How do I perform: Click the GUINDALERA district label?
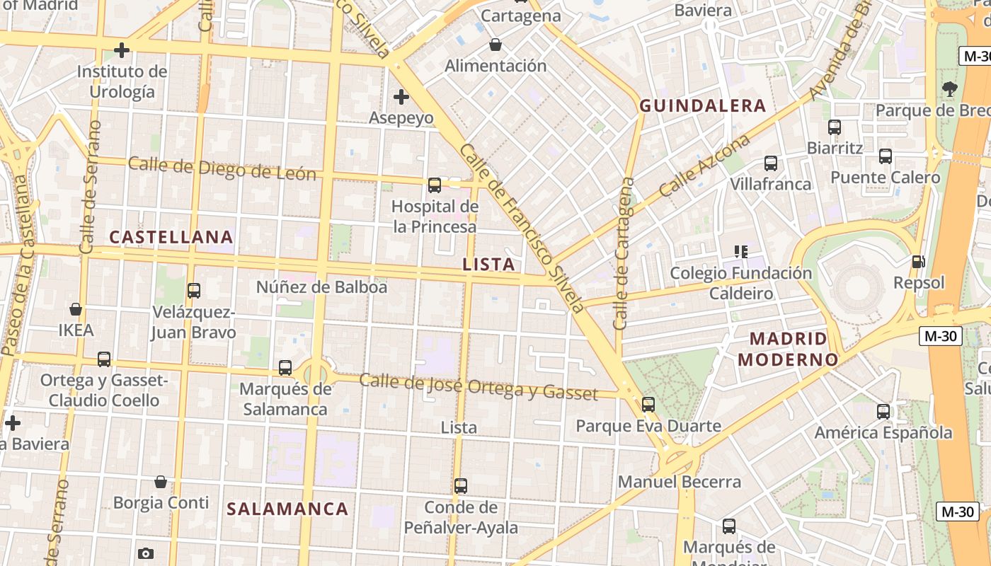click(702, 106)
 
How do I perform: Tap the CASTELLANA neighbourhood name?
click(171, 237)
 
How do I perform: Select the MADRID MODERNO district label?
click(788, 349)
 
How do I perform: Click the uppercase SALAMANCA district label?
click(287, 509)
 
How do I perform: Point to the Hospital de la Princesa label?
click(435, 216)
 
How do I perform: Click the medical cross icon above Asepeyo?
click(401, 96)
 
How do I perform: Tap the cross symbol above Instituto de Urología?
click(122, 50)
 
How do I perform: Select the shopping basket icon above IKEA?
click(76, 309)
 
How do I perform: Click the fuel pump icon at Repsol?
click(919, 262)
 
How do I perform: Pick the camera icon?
click(146, 553)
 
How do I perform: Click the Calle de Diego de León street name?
click(222, 168)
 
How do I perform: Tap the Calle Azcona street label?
click(704, 166)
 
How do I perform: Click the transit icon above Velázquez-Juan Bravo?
click(193, 290)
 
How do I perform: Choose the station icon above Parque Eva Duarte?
click(648, 405)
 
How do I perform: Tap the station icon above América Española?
click(883, 411)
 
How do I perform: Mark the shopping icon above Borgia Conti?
click(161, 482)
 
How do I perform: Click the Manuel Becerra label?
click(680, 482)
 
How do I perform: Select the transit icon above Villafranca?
click(770, 163)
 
